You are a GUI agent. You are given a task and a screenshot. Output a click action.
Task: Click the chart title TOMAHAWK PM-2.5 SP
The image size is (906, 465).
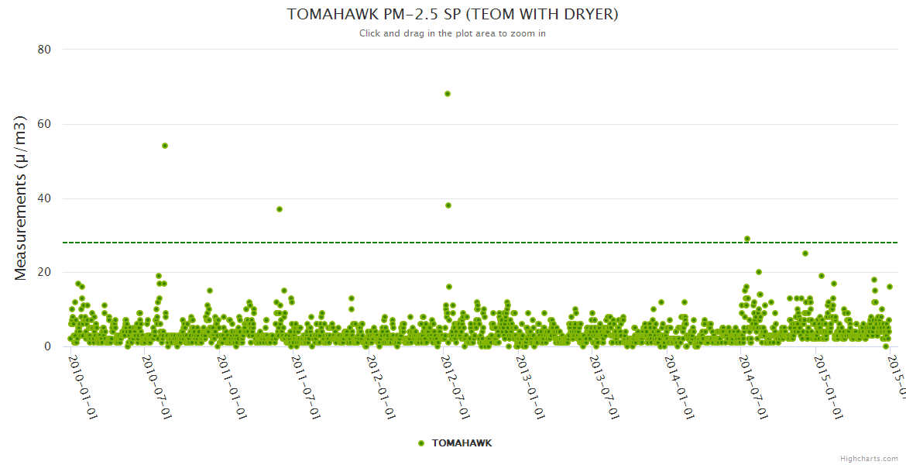tap(452, 15)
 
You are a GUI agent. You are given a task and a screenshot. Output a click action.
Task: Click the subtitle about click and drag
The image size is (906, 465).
tap(452, 33)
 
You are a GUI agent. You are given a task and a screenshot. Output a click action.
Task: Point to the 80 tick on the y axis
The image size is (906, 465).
tap(44, 50)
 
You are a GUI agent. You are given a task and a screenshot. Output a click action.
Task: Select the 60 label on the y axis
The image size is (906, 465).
tap(44, 124)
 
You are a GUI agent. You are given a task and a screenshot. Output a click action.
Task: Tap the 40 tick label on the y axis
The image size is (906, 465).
tap(44, 198)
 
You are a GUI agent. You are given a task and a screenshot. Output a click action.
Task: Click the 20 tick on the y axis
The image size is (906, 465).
tap(44, 272)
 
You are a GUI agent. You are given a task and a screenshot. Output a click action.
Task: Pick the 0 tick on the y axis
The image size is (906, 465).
tap(47, 346)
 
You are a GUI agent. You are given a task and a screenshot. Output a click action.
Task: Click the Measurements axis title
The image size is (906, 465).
tap(22, 198)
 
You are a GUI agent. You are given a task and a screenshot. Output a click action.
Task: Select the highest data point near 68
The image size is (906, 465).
tap(448, 94)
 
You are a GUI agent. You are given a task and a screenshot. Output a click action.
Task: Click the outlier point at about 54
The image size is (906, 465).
tap(165, 146)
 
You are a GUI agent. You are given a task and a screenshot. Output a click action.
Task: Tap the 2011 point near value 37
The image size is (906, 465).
tap(280, 209)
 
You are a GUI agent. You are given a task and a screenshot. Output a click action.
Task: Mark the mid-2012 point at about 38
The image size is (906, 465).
tap(448, 205)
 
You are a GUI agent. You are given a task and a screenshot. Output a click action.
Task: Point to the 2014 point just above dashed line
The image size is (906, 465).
tap(747, 239)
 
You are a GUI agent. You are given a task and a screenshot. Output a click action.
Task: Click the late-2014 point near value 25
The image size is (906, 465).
tap(805, 253)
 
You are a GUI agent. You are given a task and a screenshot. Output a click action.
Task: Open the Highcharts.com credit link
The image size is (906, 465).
tap(869, 459)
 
